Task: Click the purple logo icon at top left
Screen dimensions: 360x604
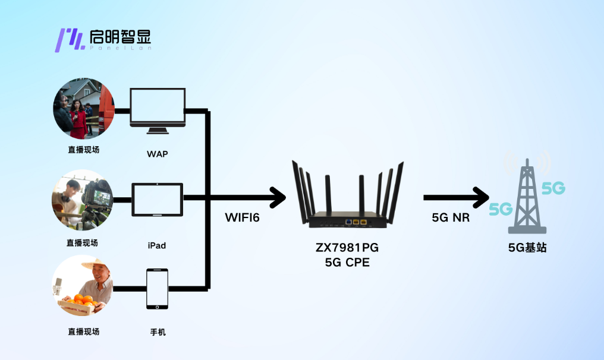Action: point(68,40)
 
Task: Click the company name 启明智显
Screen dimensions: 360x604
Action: point(121,37)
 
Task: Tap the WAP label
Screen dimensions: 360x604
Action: point(158,154)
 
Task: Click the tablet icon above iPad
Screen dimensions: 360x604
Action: point(157,200)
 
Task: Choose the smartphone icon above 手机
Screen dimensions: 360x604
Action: point(157,289)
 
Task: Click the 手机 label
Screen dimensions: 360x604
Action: point(158,332)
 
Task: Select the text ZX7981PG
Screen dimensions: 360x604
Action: point(345,247)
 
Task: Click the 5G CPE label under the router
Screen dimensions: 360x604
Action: point(345,261)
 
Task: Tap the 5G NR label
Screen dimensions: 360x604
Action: point(451,217)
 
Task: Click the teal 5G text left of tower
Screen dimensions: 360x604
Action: point(501,209)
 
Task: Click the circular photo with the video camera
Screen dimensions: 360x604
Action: point(83,200)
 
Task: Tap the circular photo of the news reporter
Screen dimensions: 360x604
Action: point(83,109)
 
